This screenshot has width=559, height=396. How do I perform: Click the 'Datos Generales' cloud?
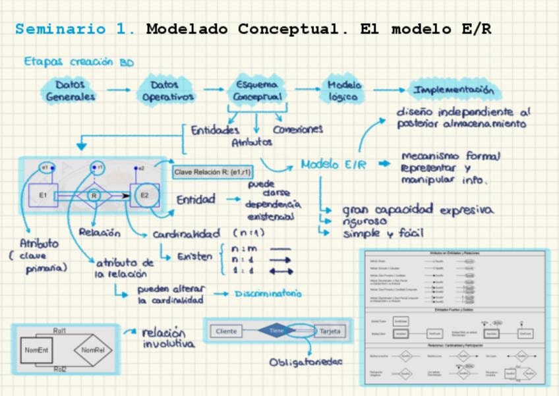(71, 90)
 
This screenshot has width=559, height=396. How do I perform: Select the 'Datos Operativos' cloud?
(168, 90)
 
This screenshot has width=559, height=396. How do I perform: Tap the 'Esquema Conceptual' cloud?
(258, 90)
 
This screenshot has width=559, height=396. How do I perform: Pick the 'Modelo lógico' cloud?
(344, 90)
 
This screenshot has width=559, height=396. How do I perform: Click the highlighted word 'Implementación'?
(453, 90)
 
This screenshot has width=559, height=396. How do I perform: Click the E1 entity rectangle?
(43, 195)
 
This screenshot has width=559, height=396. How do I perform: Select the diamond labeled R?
(94, 196)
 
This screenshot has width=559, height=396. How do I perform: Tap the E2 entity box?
(144, 195)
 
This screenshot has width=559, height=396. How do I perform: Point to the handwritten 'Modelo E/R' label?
(333, 165)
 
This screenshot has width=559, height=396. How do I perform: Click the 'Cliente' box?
(226, 331)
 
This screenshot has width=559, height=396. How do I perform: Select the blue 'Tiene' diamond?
(278, 331)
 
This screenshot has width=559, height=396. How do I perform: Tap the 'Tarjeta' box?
(330, 331)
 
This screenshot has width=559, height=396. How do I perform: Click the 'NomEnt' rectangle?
(38, 350)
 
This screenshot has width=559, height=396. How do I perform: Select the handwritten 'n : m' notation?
(243, 249)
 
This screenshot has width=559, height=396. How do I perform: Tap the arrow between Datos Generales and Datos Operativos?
(119, 90)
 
